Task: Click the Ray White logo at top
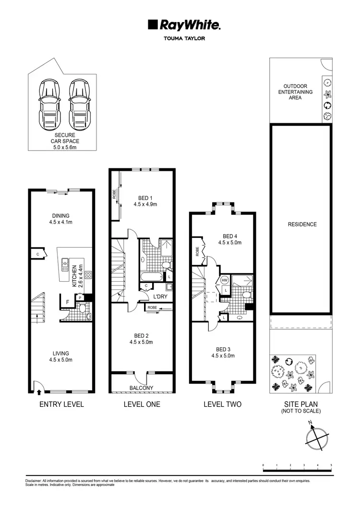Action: [184, 25]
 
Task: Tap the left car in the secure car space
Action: [50, 104]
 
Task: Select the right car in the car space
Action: [80, 104]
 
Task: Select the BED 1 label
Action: [145, 197]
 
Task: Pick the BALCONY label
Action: [142, 388]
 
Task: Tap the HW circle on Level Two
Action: [225, 281]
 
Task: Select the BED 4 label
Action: [230, 236]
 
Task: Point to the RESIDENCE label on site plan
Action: [302, 224]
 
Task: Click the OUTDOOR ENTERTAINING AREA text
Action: [295, 92]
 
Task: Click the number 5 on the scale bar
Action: [331, 465]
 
